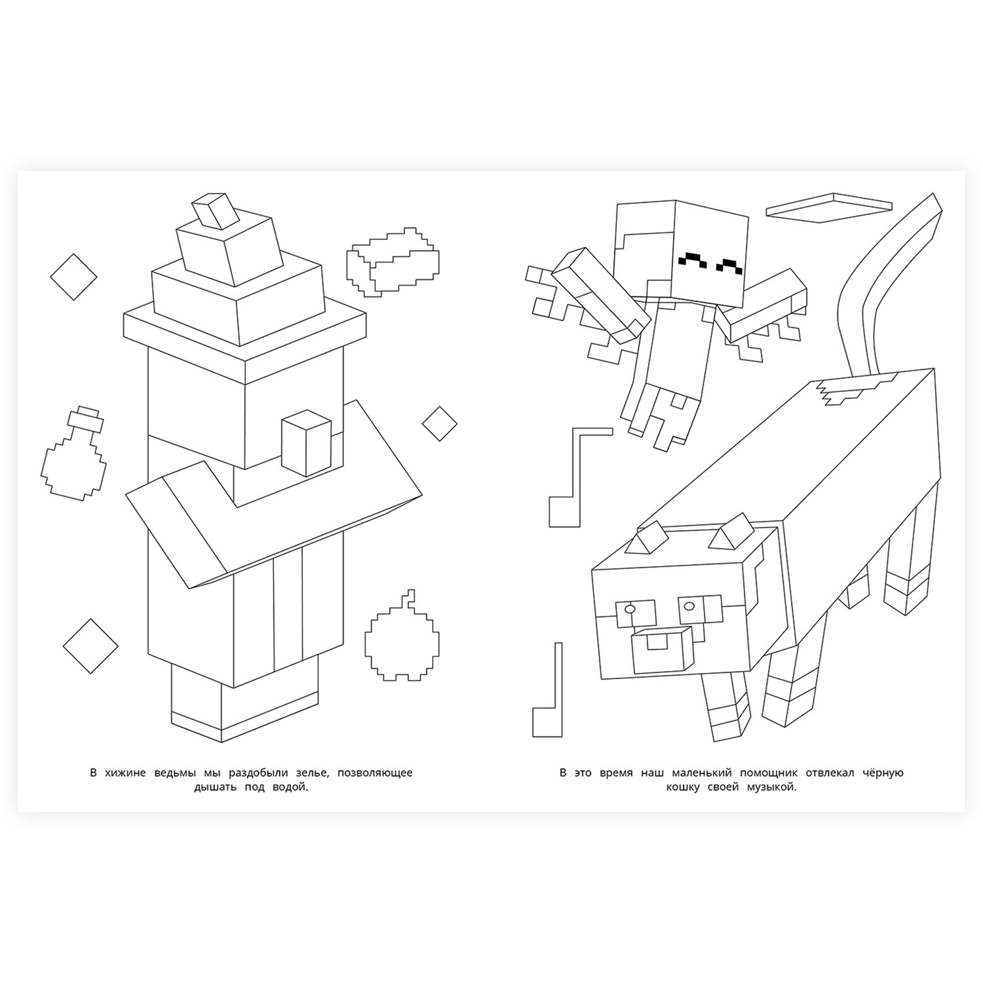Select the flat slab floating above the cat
(x=830, y=203)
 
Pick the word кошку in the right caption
(x=685, y=788)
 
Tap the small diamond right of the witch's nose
(x=439, y=424)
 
